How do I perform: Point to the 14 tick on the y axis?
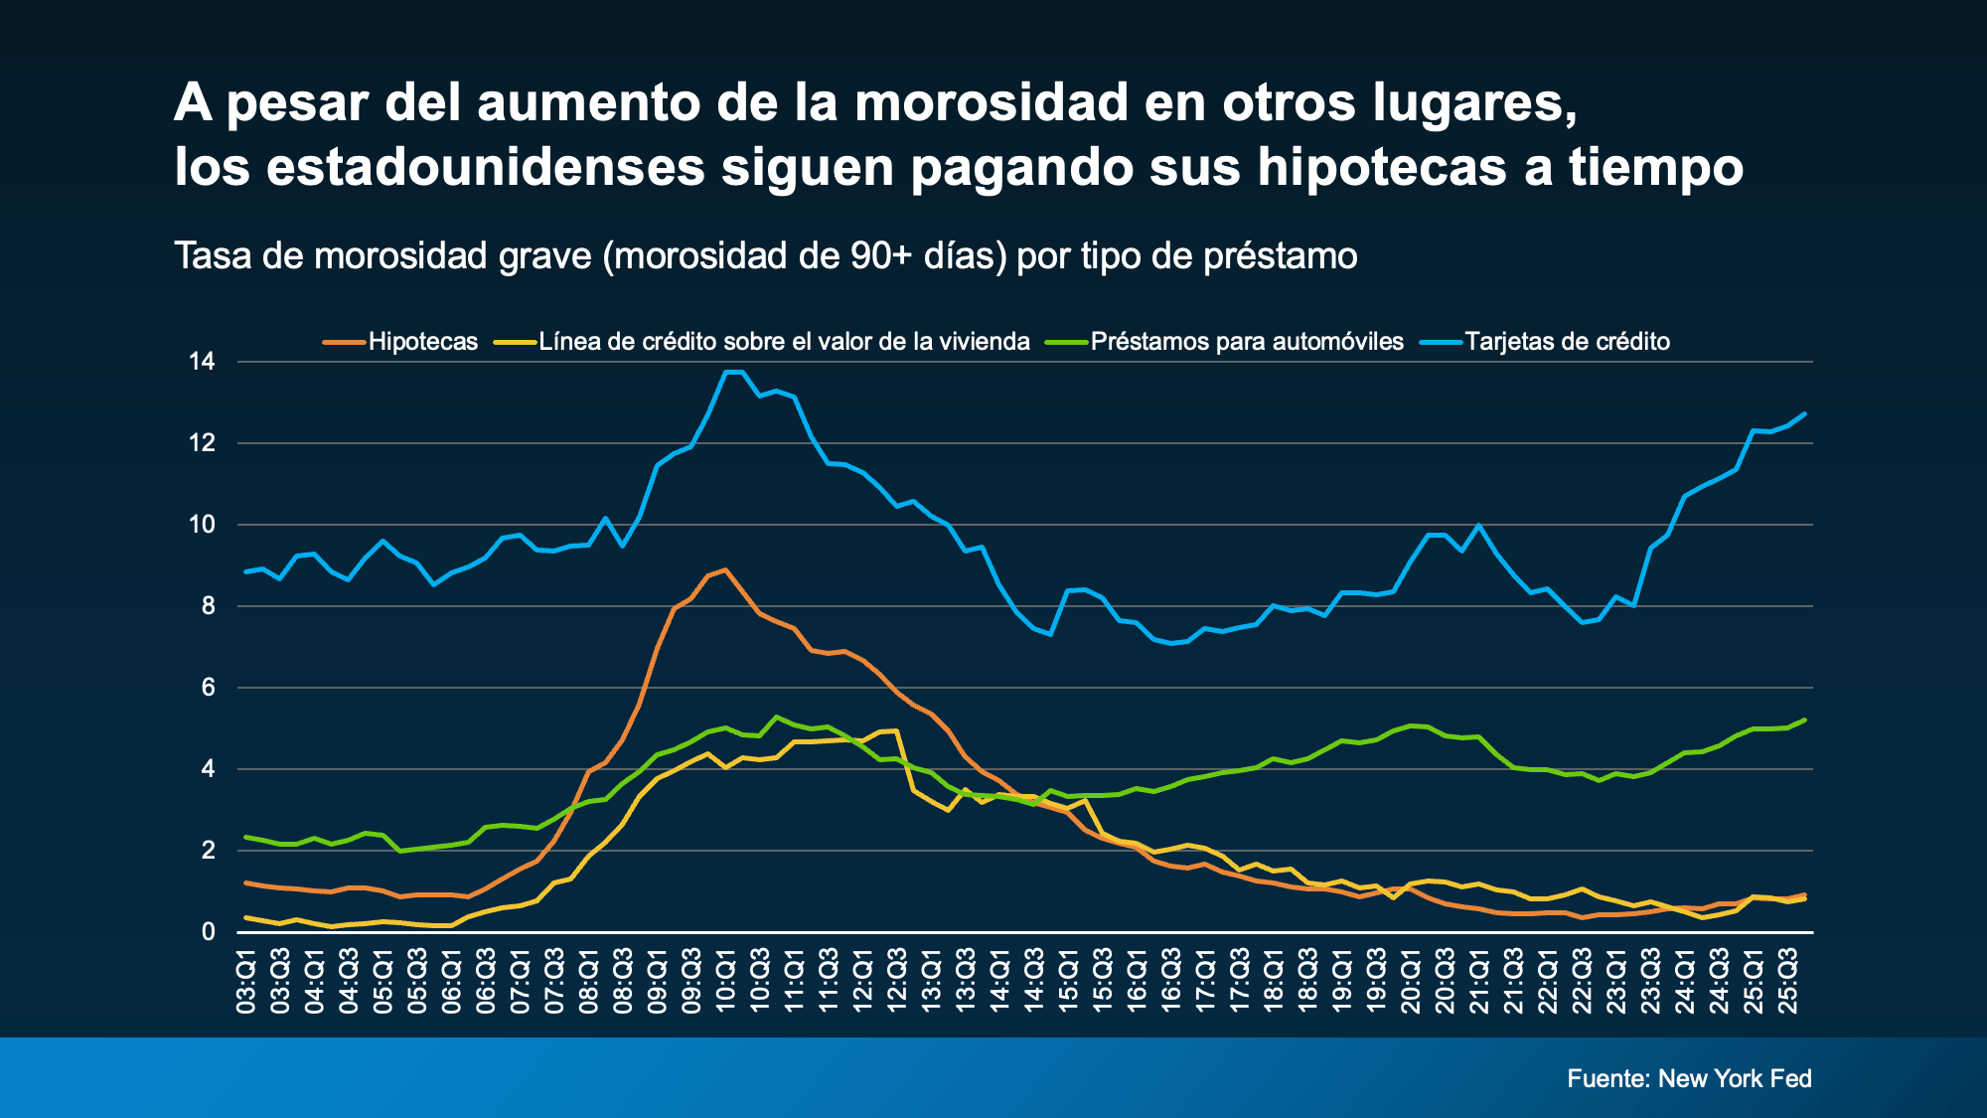202,362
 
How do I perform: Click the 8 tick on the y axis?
208,606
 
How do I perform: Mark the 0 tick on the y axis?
208,932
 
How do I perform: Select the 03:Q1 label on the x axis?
246,982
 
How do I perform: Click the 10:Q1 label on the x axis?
726,982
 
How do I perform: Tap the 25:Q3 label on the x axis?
1788,982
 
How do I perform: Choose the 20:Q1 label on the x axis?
1411,982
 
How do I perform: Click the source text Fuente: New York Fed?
1689,1078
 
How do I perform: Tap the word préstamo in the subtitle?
1281,256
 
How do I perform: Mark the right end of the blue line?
1805,413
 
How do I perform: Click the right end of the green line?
1805,719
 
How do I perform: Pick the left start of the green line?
246,837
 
